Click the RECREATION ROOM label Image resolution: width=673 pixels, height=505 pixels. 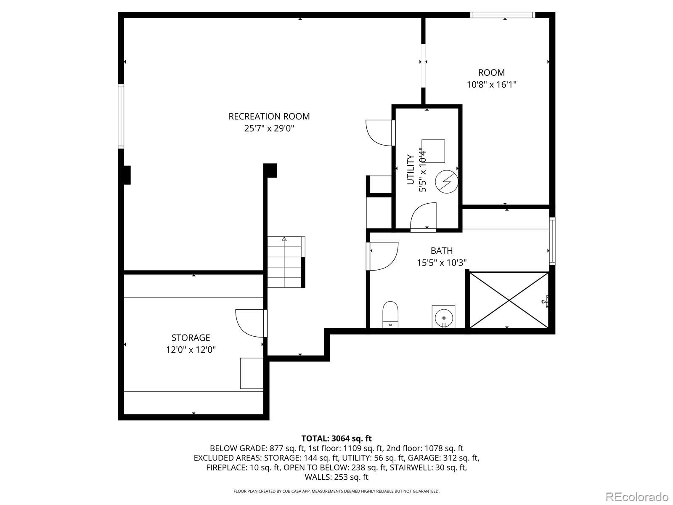click(x=269, y=116)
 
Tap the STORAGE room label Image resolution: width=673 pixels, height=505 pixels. click(x=191, y=338)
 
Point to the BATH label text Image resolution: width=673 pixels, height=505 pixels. click(x=442, y=250)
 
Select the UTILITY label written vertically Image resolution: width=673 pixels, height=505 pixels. click(x=410, y=170)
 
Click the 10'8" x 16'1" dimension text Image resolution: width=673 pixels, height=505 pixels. click(x=491, y=84)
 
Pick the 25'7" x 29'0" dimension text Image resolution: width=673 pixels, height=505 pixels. click(x=269, y=128)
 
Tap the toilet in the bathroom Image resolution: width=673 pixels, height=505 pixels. click(x=390, y=314)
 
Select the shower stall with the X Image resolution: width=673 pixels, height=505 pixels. click(x=509, y=300)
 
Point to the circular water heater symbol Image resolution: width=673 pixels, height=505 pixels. click(x=447, y=181)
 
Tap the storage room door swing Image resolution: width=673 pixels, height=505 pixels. click(x=250, y=324)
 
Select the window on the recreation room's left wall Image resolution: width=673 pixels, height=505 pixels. click(x=121, y=117)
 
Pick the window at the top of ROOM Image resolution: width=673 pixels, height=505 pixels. click(x=503, y=15)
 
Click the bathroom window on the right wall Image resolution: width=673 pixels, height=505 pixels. click(x=552, y=241)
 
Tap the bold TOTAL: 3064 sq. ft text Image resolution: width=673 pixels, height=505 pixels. click(x=336, y=439)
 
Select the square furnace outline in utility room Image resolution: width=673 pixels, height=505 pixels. click(x=433, y=151)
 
